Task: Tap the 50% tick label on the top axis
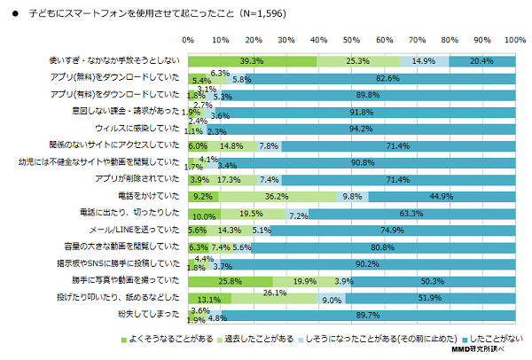[x=351, y=41]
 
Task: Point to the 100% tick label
[x=514, y=41]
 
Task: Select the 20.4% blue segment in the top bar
[x=481, y=60]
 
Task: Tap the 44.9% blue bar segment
[x=442, y=196]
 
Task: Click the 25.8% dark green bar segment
[x=230, y=281]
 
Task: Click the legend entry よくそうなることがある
[x=168, y=340]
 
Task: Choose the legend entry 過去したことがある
[x=257, y=340]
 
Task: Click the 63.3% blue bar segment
[x=411, y=213]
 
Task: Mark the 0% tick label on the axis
[x=188, y=41]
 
